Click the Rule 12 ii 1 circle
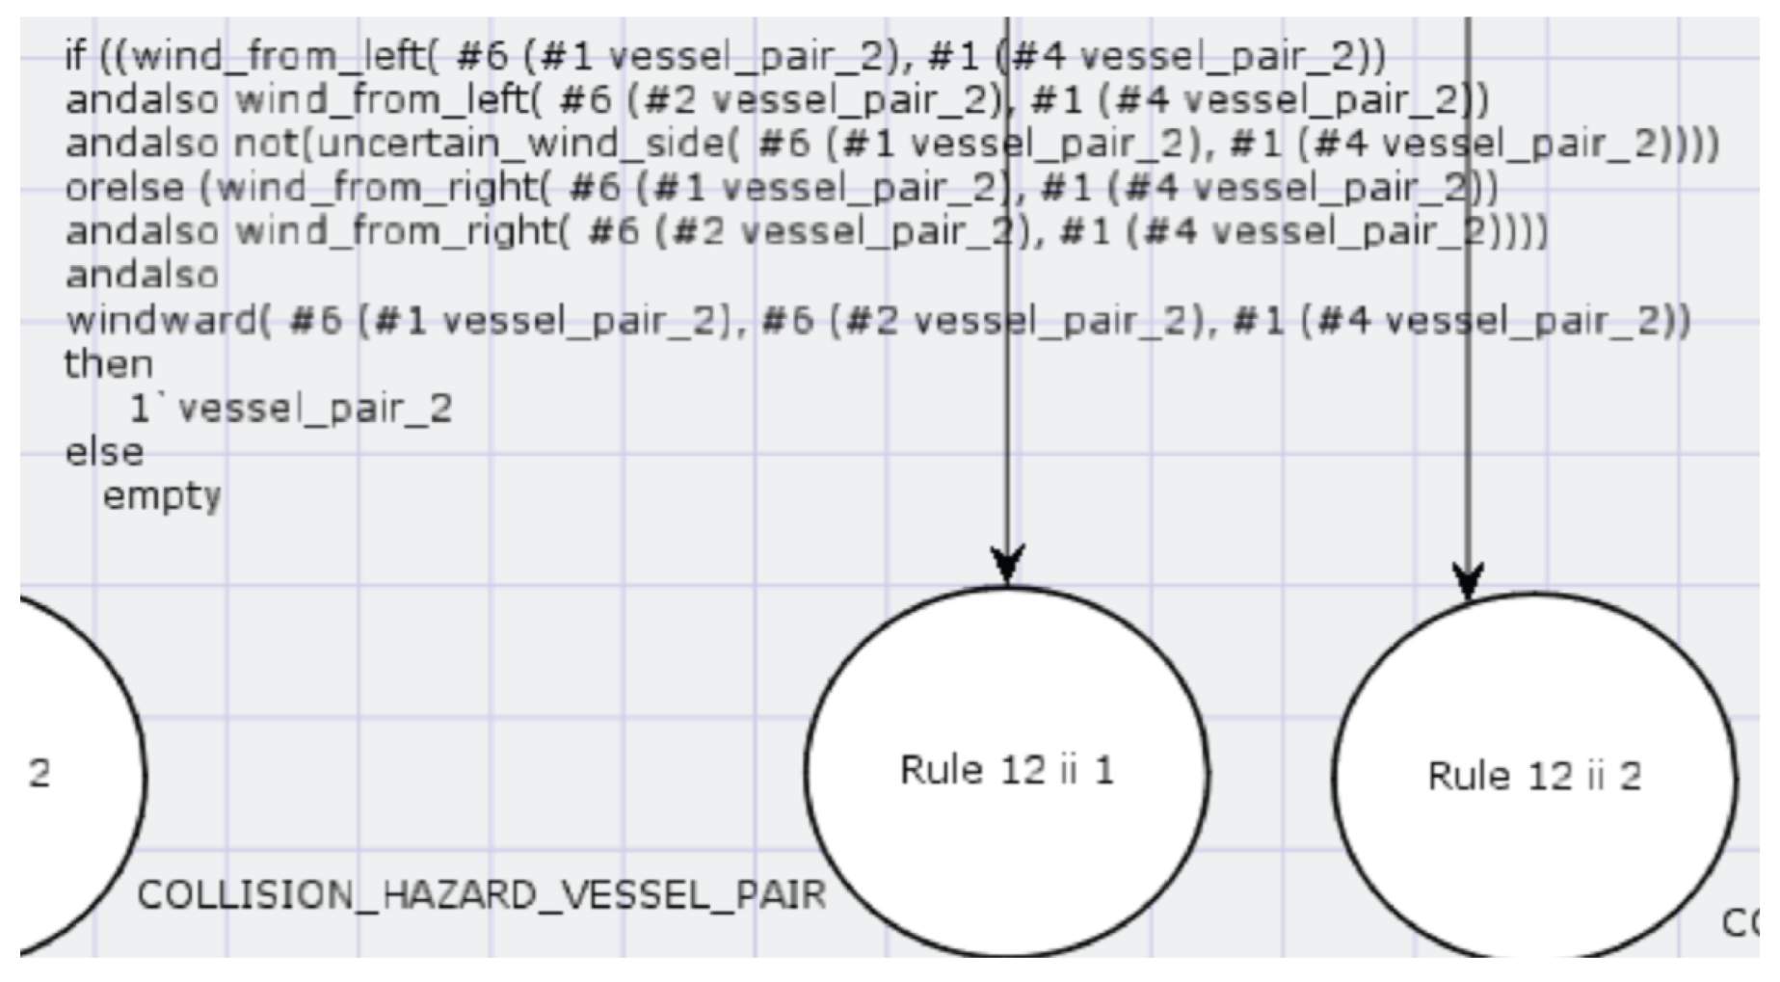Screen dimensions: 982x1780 1006,770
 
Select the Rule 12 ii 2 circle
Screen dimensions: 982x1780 1534,776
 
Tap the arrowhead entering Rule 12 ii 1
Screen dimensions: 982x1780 1007,564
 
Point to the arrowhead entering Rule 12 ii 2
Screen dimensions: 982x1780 1468,582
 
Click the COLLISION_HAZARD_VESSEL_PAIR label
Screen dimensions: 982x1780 481,895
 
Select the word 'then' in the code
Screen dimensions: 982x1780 108,364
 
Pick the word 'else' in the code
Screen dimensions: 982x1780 104,452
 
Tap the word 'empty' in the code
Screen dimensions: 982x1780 161,496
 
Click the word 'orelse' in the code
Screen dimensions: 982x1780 124,188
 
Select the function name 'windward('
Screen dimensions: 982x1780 168,320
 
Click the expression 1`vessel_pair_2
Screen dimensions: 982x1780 290,409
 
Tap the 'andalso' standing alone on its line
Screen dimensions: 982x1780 142,276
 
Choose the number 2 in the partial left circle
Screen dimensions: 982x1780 40,773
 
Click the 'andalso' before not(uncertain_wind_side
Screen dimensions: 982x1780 142,144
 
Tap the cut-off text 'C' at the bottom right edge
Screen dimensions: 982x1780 1740,922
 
